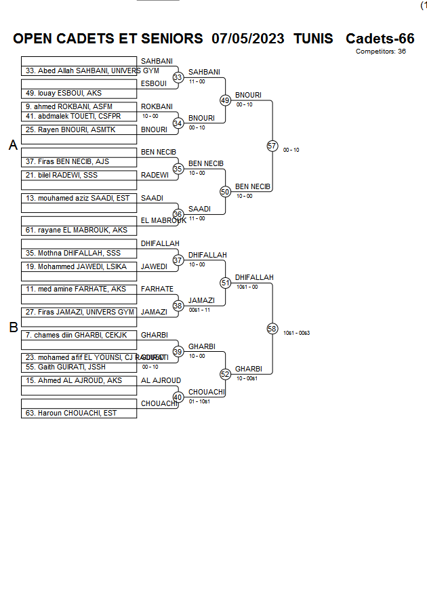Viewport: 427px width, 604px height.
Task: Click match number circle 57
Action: [x=272, y=146]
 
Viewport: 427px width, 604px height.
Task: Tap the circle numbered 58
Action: [x=272, y=329]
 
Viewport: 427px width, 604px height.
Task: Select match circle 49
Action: [x=226, y=100]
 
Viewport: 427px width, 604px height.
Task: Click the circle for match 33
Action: [x=178, y=78]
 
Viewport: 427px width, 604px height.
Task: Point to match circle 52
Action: [x=226, y=374]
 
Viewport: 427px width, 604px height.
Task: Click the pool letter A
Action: [x=13, y=145]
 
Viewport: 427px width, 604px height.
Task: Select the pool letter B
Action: [x=13, y=328]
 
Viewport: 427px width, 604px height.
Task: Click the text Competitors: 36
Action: [x=380, y=52]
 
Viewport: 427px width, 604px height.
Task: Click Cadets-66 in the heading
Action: [x=380, y=39]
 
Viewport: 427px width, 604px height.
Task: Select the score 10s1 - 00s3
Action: [x=296, y=333]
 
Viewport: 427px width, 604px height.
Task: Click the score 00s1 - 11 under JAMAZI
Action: [x=199, y=310]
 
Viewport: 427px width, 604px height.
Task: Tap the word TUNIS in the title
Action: [x=313, y=39]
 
